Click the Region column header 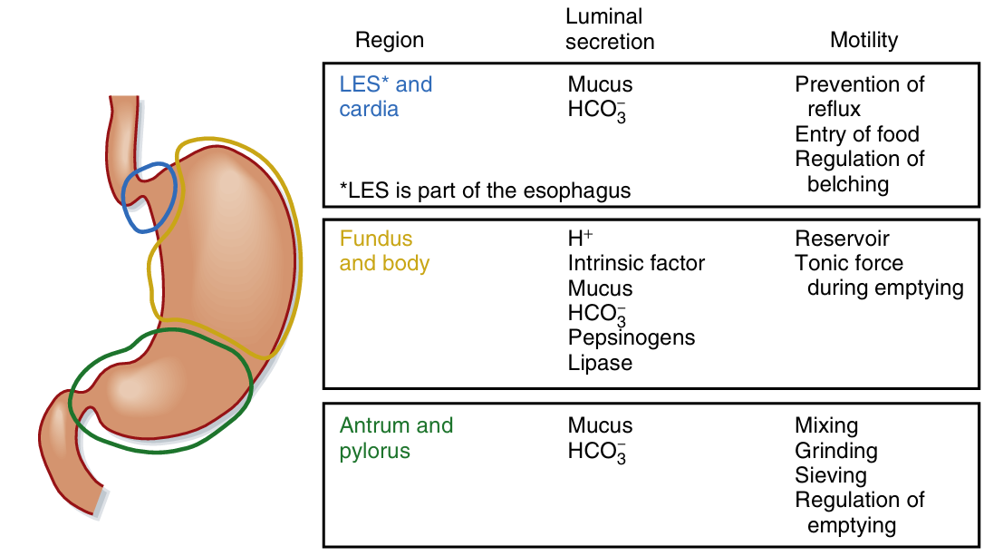[x=389, y=40]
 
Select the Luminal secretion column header [x=609, y=29]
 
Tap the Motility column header [x=863, y=40]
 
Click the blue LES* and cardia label [x=385, y=97]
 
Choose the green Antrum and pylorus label [x=396, y=438]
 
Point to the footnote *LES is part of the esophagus [x=485, y=190]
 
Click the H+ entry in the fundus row [x=580, y=239]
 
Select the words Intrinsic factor [x=636, y=264]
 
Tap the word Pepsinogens [x=632, y=337]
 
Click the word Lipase [x=600, y=363]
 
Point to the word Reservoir [x=842, y=239]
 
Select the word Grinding [x=835, y=451]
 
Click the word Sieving [x=830, y=475]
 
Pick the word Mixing [x=826, y=425]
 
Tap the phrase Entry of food [x=857, y=134]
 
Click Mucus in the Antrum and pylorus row [x=600, y=425]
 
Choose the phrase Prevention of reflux [x=859, y=96]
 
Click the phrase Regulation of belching [x=859, y=171]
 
